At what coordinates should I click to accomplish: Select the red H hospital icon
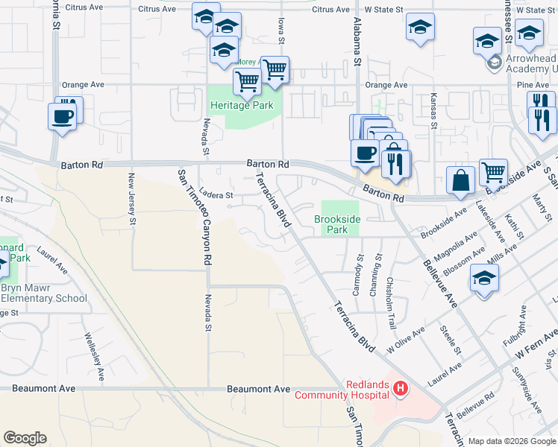pyautogui.click(x=401, y=388)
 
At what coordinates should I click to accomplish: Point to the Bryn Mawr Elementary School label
pyautogui.click(x=43, y=293)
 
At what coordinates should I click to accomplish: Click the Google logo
pyautogui.click(x=25, y=438)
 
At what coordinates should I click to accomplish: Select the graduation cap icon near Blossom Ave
pyautogui.click(x=484, y=279)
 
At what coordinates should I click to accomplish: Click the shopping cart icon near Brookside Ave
pyautogui.click(x=493, y=172)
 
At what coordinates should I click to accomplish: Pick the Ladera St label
pyautogui.click(x=216, y=195)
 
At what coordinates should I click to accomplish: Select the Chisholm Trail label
pyautogui.click(x=391, y=294)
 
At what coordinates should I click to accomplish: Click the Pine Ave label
pyautogui.click(x=533, y=85)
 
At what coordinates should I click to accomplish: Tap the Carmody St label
pyautogui.click(x=359, y=273)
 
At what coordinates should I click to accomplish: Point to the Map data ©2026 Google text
pyautogui.click(x=511, y=441)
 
